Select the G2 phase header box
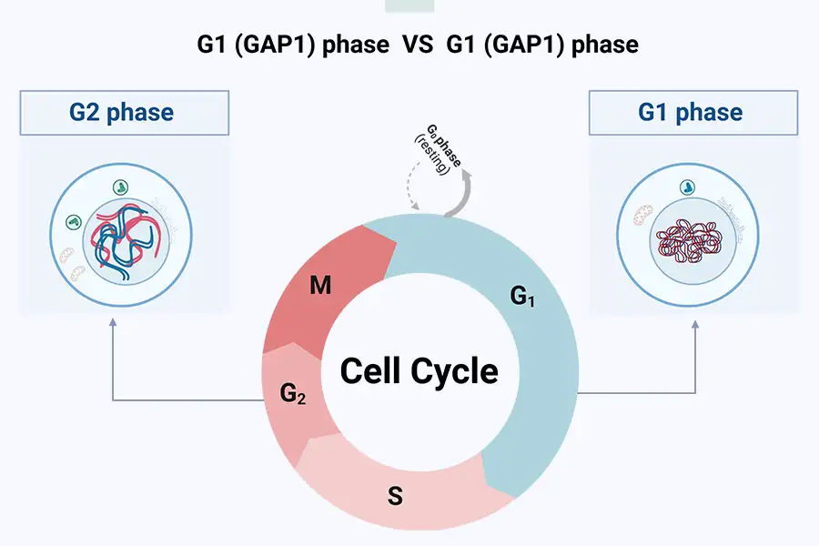[122, 113]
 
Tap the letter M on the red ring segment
[319, 287]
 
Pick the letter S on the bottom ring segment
[395, 497]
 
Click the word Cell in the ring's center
[373, 371]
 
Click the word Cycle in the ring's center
[456, 371]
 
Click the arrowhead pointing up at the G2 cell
[112, 321]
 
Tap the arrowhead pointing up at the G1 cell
[696, 321]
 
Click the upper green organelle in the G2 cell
[121, 187]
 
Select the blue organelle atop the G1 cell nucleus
[685, 186]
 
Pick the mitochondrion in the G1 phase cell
[639, 217]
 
